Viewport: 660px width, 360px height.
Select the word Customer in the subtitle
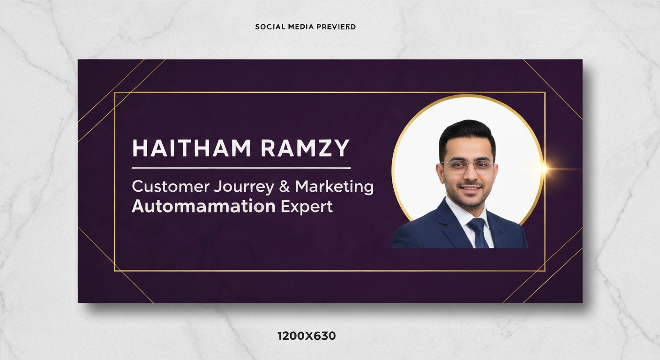(170, 187)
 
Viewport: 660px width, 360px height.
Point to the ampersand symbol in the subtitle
(285, 187)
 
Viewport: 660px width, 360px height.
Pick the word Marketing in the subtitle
(334, 187)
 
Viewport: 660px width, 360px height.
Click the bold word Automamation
(203, 206)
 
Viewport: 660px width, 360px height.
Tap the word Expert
(307, 207)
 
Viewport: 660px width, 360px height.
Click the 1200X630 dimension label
(307, 336)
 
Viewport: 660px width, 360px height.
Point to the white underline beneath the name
(241, 167)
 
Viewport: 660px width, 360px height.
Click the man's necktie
(478, 232)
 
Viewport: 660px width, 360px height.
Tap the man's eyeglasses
(467, 167)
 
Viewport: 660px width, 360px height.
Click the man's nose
(468, 175)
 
